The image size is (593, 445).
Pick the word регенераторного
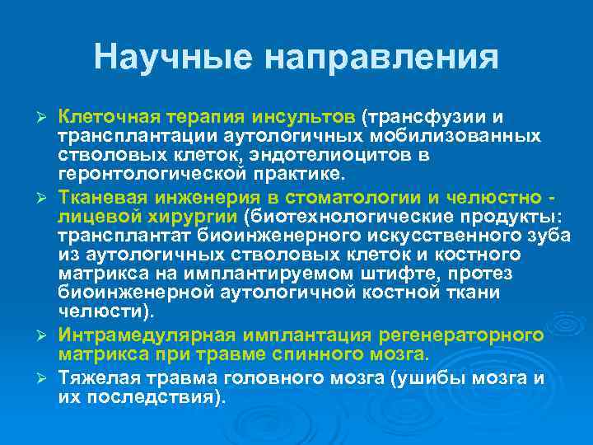tap(461, 335)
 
